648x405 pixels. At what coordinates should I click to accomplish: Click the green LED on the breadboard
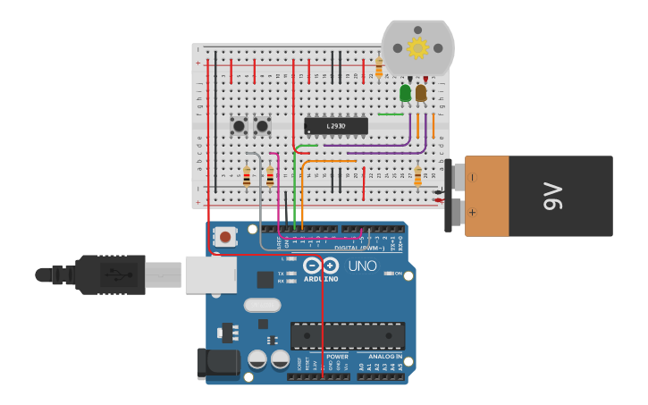(406, 92)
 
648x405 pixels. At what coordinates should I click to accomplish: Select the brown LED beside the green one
(421, 91)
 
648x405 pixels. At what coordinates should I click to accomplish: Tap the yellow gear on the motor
(417, 47)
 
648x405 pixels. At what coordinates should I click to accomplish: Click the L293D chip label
(335, 127)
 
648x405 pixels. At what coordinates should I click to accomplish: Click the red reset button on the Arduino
(226, 237)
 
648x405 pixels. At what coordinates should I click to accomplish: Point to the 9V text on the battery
(551, 196)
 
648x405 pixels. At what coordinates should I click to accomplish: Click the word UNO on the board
(362, 266)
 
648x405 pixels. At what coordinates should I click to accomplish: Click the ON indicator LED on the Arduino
(390, 274)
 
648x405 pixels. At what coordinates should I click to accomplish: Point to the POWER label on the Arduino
(337, 356)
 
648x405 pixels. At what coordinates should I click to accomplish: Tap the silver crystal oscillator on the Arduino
(262, 305)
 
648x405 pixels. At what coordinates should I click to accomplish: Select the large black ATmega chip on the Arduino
(347, 335)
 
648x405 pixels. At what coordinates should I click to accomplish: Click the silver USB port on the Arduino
(211, 274)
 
